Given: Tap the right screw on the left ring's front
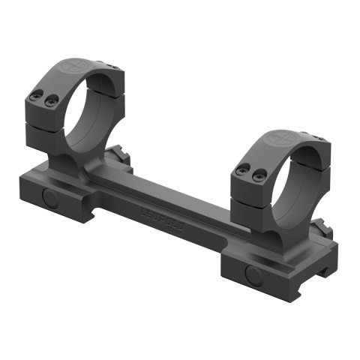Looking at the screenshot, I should (49, 100).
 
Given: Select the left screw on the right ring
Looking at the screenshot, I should (241, 171).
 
